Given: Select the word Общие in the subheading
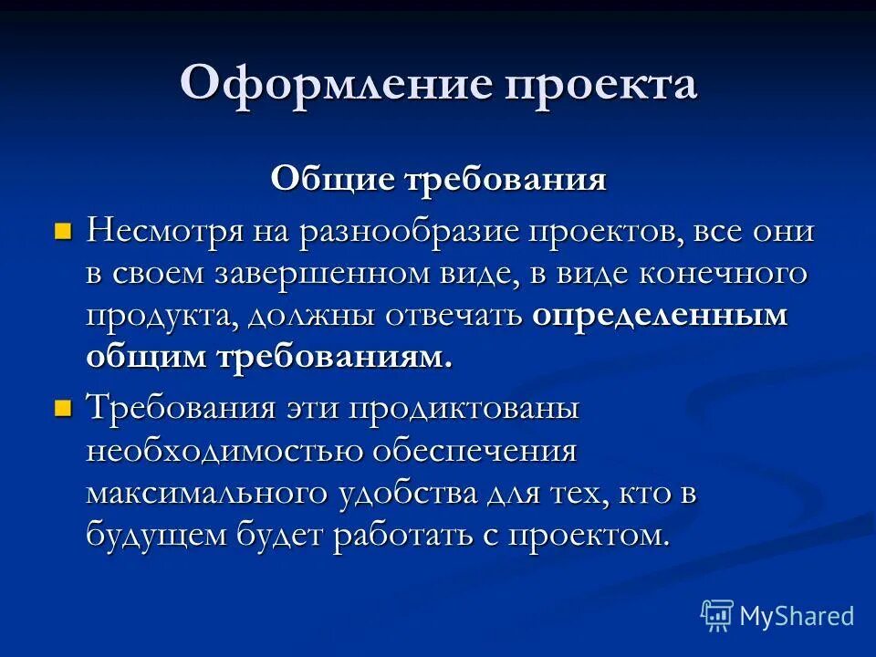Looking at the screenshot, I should point(319,179).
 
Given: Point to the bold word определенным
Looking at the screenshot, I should point(659,317).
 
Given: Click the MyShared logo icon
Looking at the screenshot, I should point(716,616).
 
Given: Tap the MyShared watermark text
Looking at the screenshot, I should point(796,616).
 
